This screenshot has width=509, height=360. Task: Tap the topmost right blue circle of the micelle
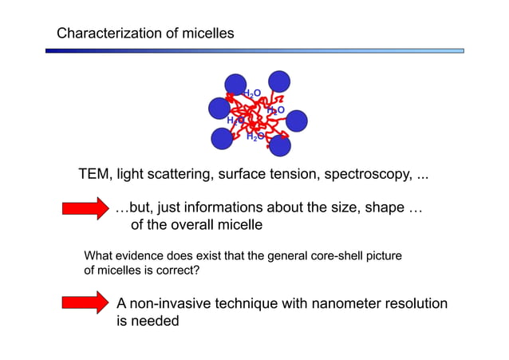click(x=279, y=81)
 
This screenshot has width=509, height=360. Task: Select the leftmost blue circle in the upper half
click(x=219, y=108)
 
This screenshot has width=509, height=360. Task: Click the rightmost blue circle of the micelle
click(x=297, y=121)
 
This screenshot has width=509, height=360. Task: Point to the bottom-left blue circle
click(x=222, y=138)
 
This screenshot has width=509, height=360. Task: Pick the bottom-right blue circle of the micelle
click(x=280, y=145)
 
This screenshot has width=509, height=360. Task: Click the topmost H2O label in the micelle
click(x=251, y=94)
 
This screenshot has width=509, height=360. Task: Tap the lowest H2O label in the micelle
click(x=254, y=136)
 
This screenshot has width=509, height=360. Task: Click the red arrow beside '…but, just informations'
click(x=85, y=210)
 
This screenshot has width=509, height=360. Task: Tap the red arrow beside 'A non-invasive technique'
click(x=85, y=304)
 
